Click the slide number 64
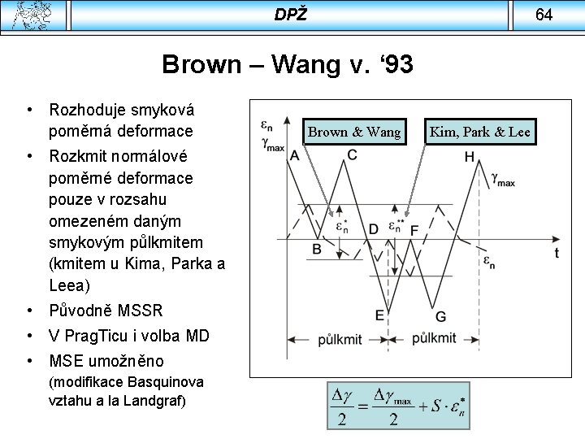pyautogui.click(x=544, y=15)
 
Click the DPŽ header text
pyautogui.click(x=291, y=15)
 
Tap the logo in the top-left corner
pyautogui.click(x=36, y=15)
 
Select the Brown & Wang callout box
pyautogui.click(x=354, y=132)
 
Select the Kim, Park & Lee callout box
pyautogui.click(x=479, y=132)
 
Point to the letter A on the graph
pyautogui.click(x=294, y=156)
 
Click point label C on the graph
pyautogui.click(x=353, y=155)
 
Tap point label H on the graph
pyautogui.click(x=470, y=157)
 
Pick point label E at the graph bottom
pyautogui.click(x=379, y=315)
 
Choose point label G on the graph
pyautogui.click(x=440, y=316)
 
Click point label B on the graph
pyautogui.click(x=317, y=249)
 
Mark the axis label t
pyautogui.click(x=557, y=253)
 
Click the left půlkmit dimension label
pyautogui.click(x=340, y=337)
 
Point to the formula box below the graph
pyautogui.click(x=398, y=406)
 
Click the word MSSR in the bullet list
pyautogui.click(x=140, y=311)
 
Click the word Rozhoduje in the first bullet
pyautogui.click(x=86, y=109)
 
